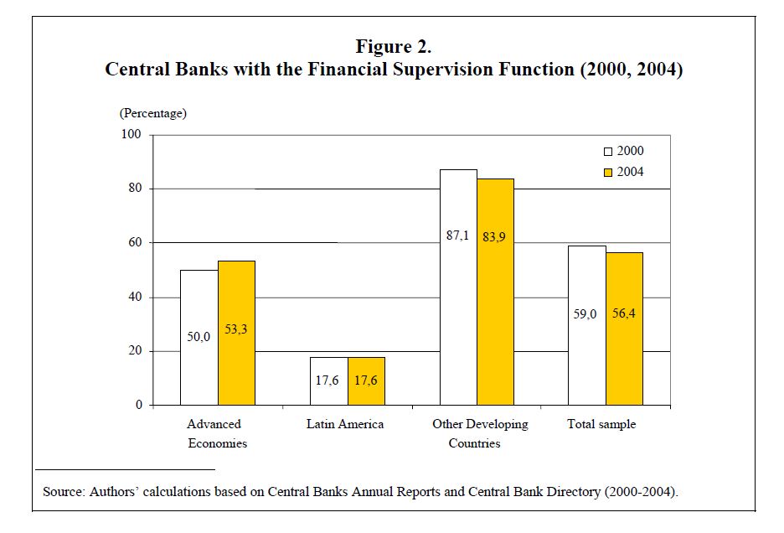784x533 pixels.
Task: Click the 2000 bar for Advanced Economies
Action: (199, 338)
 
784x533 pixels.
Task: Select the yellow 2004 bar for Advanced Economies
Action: (236, 333)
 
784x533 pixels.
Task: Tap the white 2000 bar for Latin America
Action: (329, 380)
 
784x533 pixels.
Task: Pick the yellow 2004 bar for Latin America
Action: (367, 380)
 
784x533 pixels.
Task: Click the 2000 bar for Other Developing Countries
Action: (458, 287)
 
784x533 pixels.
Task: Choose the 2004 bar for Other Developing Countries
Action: (496, 292)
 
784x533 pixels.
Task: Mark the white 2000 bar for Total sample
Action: (587, 325)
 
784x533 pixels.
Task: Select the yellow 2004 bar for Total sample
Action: (625, 329)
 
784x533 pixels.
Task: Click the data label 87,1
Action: (457, 235)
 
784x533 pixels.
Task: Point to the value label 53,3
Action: (235, 329)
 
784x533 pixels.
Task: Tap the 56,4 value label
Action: (623, 313)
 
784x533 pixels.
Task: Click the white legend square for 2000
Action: (608, 152)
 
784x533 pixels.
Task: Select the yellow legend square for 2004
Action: (608, 173)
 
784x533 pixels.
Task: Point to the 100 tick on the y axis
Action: (131, 134)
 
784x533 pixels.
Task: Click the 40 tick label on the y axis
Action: (135, 297)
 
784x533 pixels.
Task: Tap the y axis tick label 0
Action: (139, 405)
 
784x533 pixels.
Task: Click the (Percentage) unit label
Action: (153, 113)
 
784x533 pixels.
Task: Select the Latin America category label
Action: (345, 424)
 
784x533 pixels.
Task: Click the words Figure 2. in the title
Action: (394, 47)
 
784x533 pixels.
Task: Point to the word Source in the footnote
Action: (63, 491)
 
